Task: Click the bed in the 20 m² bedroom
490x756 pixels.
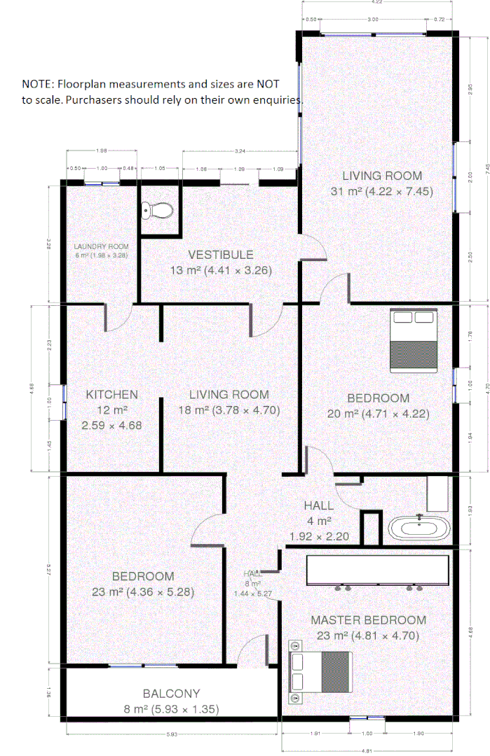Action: (414, 339)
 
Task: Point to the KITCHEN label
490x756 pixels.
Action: (111, 395)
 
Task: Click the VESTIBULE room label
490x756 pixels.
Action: (220, 255)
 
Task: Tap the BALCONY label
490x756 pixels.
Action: (171, 694)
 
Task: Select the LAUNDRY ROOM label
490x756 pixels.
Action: (102, 246)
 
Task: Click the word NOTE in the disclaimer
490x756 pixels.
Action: (36, 83)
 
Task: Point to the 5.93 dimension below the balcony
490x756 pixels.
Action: (171, 734)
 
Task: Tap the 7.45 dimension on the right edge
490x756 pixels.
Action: (487, 167)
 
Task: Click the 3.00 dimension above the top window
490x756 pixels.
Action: (373, 20)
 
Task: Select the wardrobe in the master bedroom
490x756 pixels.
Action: (377, 570)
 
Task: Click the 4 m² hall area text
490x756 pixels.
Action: (318, 521)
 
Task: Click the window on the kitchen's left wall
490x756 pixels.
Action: (64, 402)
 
